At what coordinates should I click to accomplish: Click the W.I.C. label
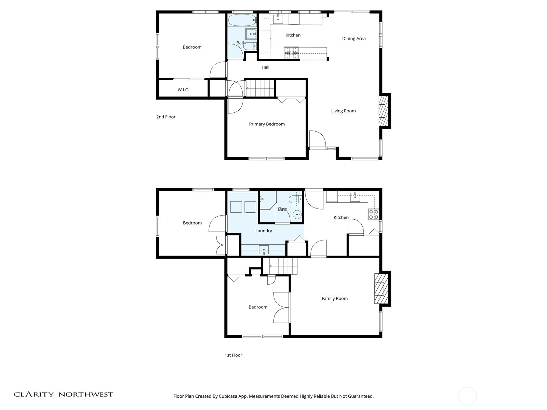point(183,90)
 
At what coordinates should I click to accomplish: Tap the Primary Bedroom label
point(267,124)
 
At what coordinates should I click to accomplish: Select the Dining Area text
point(353,39)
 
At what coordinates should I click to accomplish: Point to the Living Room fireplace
point(384,111)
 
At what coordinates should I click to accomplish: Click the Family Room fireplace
point(381,289)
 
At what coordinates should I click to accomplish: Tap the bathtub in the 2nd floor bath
point(242,20)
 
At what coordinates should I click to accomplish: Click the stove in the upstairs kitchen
point(291,53)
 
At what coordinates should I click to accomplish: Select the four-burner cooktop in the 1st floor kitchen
point(373,214)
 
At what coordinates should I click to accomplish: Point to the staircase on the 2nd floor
point(260,88)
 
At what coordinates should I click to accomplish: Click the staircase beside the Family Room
point(283,266)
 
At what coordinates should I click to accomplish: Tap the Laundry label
point(264,231)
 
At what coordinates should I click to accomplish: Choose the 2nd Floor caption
point(166,117)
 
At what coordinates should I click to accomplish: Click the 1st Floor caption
point(233,355)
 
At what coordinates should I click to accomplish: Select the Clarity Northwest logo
point(64,394)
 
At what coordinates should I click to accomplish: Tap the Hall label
point(265,67)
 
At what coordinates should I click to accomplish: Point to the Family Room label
point(334,299)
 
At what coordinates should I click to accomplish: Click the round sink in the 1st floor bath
point(297,214)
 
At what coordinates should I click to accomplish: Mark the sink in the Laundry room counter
point(264,250)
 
